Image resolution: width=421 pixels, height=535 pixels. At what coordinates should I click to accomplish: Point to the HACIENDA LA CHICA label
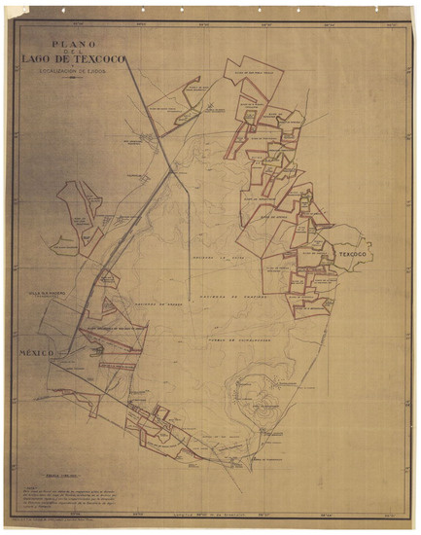(216, 257)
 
